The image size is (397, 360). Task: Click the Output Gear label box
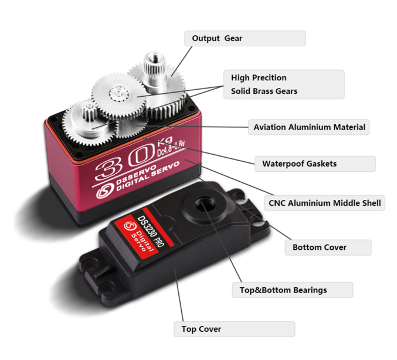245,39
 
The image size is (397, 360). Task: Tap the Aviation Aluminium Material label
309,127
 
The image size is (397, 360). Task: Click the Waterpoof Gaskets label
315,164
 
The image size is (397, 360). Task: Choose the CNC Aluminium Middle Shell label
324,203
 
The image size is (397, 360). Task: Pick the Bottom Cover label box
328,247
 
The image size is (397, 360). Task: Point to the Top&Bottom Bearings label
293,290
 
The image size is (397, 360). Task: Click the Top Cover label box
235,329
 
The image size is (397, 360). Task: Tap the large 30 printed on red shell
124,161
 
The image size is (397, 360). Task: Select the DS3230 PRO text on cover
151,231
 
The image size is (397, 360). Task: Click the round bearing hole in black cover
205,203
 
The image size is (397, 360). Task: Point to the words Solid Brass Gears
264,91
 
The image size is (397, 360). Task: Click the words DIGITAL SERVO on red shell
148,176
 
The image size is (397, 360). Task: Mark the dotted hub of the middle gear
118,94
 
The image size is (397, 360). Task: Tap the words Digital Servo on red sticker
142,241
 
